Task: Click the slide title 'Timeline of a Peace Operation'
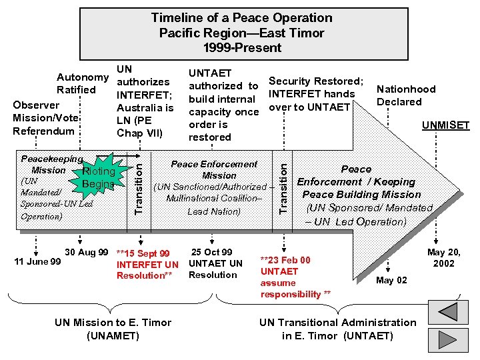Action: coord(241,18)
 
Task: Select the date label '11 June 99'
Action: coord(37,261)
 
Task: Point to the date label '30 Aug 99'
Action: coord(87,252)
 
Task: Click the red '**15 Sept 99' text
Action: coord(143,253)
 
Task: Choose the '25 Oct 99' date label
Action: coord(212,252)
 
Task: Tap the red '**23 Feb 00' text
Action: coord(285,259)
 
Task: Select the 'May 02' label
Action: coord(391,280)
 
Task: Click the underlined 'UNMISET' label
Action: coord(445,125)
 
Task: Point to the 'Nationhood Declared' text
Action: coord(406,95)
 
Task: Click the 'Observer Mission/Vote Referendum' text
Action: coord(46,118)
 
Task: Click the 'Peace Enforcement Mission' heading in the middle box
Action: coord(214,169)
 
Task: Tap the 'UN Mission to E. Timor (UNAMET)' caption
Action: coord(113,329)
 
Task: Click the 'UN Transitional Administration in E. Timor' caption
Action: coord(337,329)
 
